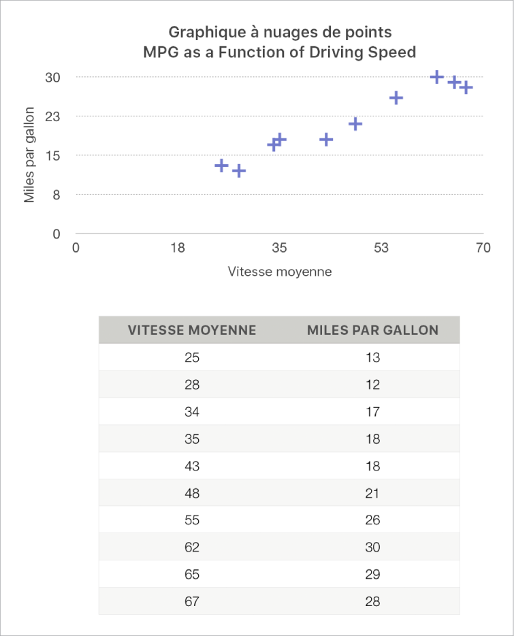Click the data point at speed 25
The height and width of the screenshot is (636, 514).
tap(221, 165)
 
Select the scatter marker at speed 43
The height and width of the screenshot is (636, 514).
tap(326, 140)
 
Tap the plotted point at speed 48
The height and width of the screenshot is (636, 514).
tap(355, 124)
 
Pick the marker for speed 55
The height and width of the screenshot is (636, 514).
tap(396, 98)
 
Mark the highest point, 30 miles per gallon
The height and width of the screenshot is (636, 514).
tap(437, 77)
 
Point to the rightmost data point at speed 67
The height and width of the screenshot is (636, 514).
tap(466, 87)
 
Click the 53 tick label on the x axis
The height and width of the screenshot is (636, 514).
tap(381, 248)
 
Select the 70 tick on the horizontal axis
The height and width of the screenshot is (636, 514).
tap(483, 248)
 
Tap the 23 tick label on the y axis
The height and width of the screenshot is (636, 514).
tap(53, 116)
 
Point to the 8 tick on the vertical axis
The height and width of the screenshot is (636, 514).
tap(57, 195)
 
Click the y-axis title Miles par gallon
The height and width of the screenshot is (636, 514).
tap(30, 155)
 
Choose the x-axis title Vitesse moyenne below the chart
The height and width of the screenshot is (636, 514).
tap(280, 272)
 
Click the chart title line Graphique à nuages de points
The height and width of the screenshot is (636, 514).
tap(280, 32)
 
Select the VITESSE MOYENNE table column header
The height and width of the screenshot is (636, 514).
tap(192, 330)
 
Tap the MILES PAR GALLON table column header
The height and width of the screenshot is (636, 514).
tap(372, 330)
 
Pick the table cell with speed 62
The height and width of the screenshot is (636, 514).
tap(192, 547)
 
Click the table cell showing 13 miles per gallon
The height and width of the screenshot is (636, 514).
tap(372, 357)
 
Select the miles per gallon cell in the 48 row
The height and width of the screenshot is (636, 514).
tap(372, 493)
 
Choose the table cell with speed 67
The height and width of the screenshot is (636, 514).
tap(192, 601)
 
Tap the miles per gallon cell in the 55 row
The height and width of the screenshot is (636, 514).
tap(372, 520)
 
